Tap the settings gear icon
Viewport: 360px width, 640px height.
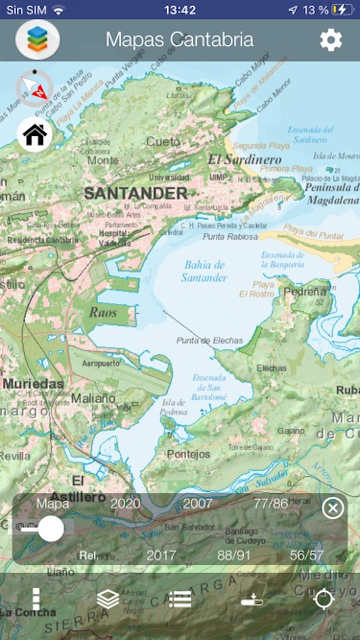point(331,40)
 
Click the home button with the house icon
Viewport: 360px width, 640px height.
point(34,134)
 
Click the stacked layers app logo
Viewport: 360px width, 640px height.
point(38,40)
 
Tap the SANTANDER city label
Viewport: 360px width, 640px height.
point(136,193)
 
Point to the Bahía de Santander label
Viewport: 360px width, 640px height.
point(204,271)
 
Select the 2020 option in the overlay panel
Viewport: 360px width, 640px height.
point(125,503)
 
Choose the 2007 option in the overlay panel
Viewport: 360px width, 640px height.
point(198,503)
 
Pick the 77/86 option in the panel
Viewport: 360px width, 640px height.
point(271,503)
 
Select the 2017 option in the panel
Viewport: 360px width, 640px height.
point(161,556)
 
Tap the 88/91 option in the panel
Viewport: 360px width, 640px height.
point(234,556)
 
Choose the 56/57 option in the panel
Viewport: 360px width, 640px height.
point(307,556)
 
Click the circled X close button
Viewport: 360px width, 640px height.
point(333,508)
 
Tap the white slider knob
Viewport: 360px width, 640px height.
point(51,529)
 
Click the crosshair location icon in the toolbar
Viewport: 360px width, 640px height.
point(323,599)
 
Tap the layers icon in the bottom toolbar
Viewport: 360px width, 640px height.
point(108,599)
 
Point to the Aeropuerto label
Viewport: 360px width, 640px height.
point(101,363)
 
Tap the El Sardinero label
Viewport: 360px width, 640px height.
point(244,159)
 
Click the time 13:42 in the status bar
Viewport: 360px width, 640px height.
point(180,10)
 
